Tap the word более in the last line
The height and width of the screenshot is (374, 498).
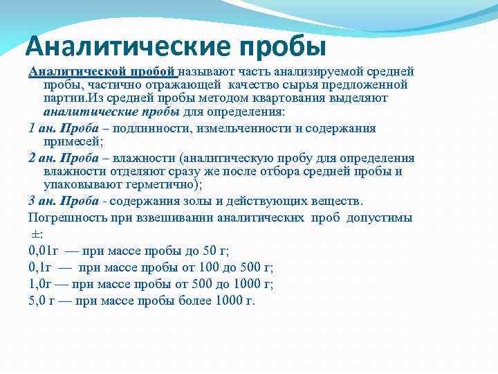pyautogui.click(x=198, y=301)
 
